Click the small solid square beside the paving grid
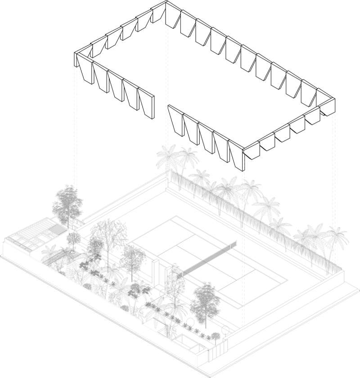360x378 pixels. (x=57, y=230)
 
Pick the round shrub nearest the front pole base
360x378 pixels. (x=225, y=330)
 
